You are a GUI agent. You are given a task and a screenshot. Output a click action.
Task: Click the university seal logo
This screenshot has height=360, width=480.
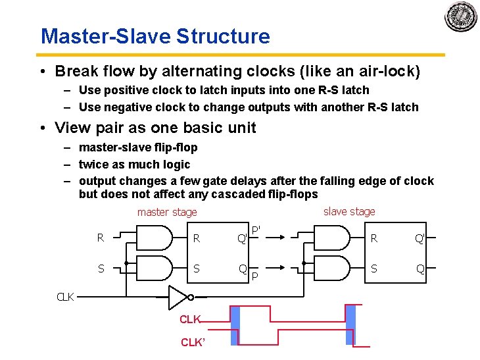460,17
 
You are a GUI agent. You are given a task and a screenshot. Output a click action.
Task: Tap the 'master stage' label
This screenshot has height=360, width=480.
167,212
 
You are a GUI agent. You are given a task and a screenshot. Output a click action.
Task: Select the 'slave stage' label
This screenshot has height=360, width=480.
349,211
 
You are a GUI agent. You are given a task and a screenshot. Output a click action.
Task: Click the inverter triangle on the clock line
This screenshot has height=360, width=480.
178,297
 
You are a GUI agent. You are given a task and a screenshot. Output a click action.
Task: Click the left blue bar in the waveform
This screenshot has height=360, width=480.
235,325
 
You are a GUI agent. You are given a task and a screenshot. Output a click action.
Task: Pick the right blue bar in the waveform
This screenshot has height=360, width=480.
350,325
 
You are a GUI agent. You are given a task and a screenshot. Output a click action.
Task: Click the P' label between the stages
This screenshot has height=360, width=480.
256,230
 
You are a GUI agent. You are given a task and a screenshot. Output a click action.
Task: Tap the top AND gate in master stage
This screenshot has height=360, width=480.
155,238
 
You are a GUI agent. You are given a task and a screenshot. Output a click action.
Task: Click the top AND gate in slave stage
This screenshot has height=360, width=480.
333,238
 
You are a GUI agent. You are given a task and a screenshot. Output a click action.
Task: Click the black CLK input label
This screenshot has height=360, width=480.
65,297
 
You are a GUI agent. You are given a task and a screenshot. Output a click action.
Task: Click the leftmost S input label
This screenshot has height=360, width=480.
101,269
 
